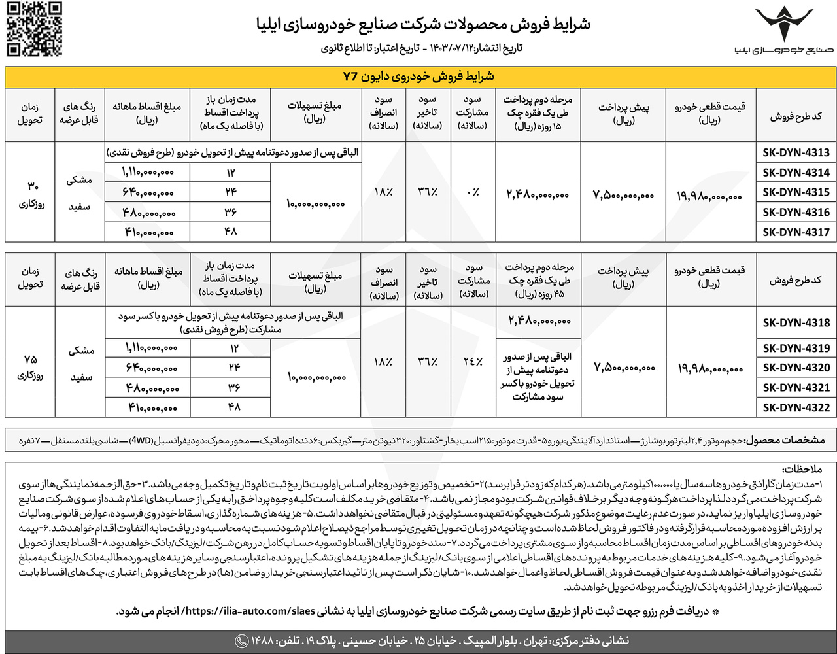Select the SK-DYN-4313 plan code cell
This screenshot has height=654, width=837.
coord(796,152)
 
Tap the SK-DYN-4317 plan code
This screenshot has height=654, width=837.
coord(796,232)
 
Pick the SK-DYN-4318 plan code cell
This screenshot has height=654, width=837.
coord(796,322)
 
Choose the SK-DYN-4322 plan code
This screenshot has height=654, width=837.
coord(796,407)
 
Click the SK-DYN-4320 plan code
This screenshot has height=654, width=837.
coord(796,368)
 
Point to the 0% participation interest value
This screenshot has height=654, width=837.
coord(473,192)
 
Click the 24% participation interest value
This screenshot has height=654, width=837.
coord(473,361)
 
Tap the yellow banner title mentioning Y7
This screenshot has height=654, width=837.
coord(419,77)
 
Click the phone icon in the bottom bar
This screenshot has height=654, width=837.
coord(241,640)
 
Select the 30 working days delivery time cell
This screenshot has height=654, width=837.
coord(29,192)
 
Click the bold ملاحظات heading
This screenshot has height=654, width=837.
coord(803,470)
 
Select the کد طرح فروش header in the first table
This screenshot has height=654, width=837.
coord(795,116)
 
